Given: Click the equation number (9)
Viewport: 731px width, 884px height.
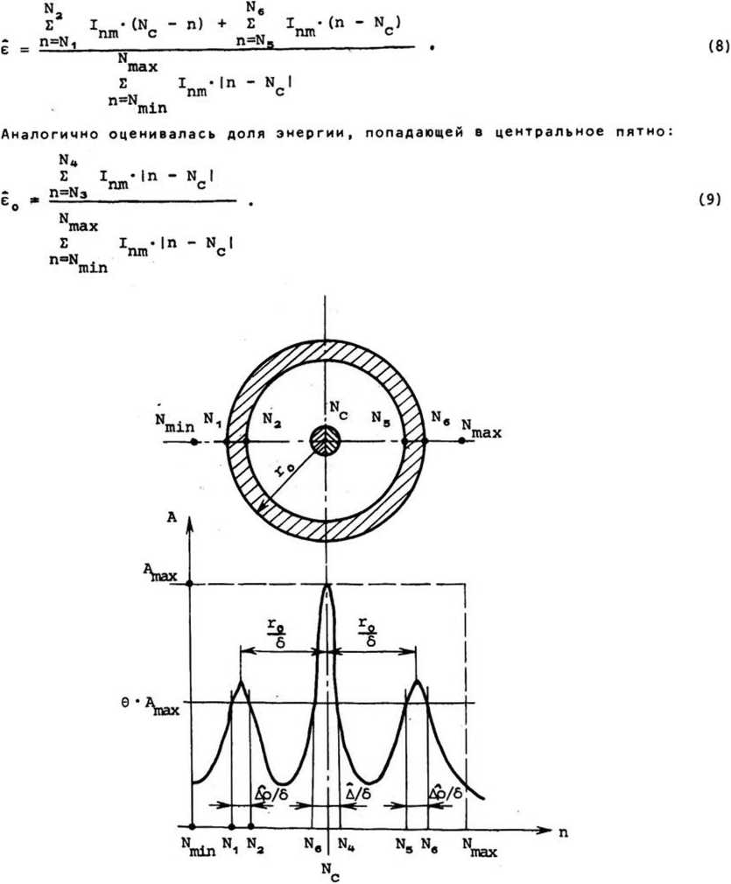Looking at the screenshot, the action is (709, 199).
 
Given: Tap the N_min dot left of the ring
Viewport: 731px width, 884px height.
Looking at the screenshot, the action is (193, 442).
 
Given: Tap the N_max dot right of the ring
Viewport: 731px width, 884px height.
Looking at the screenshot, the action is (461, 442).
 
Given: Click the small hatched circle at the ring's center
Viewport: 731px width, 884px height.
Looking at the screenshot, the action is (326, 442).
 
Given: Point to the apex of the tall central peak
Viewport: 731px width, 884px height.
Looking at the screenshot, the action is (327, 586).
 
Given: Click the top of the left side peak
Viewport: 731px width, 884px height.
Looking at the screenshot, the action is (240, 680).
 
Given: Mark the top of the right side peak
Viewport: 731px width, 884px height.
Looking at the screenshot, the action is (418, 680).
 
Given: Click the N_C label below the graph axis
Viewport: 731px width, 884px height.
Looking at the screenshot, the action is (327, 869).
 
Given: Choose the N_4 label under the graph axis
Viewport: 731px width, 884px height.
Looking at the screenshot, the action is (346, 845).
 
